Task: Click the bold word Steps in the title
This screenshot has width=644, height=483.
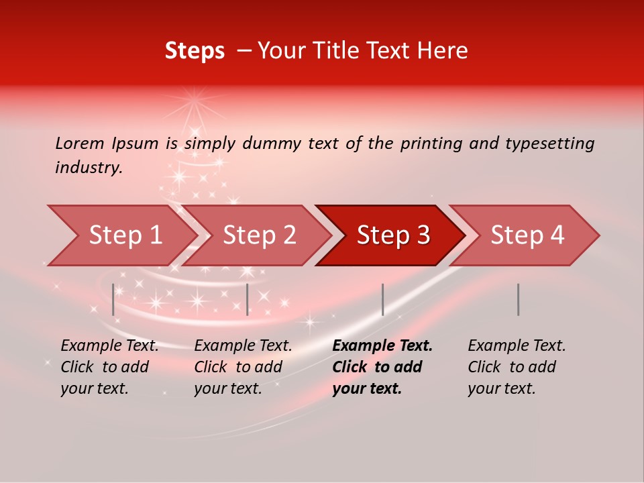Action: [195, 51]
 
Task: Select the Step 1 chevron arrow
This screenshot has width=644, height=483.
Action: [121, 235]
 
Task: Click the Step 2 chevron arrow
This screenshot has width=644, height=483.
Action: [258, 235]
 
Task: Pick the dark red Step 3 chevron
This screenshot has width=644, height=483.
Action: [392, 235]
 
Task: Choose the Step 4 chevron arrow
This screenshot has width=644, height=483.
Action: [527, 235]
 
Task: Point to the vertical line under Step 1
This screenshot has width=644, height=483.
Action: [113, 299]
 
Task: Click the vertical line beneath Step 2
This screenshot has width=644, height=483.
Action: [248, 299]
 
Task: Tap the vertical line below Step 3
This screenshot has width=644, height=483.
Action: [382, 299]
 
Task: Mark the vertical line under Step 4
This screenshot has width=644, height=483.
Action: [518, 299]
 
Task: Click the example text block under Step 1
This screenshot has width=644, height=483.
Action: [109, 367]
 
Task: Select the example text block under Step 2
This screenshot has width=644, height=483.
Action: [242, 367]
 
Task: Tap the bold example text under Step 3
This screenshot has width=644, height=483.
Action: [382, 367]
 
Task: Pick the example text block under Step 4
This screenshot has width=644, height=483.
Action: [516, 367]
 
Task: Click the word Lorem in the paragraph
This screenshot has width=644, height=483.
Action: [79, 143]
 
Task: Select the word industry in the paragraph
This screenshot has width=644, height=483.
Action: [89, 167]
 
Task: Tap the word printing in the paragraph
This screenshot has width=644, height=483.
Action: [431, 144]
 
